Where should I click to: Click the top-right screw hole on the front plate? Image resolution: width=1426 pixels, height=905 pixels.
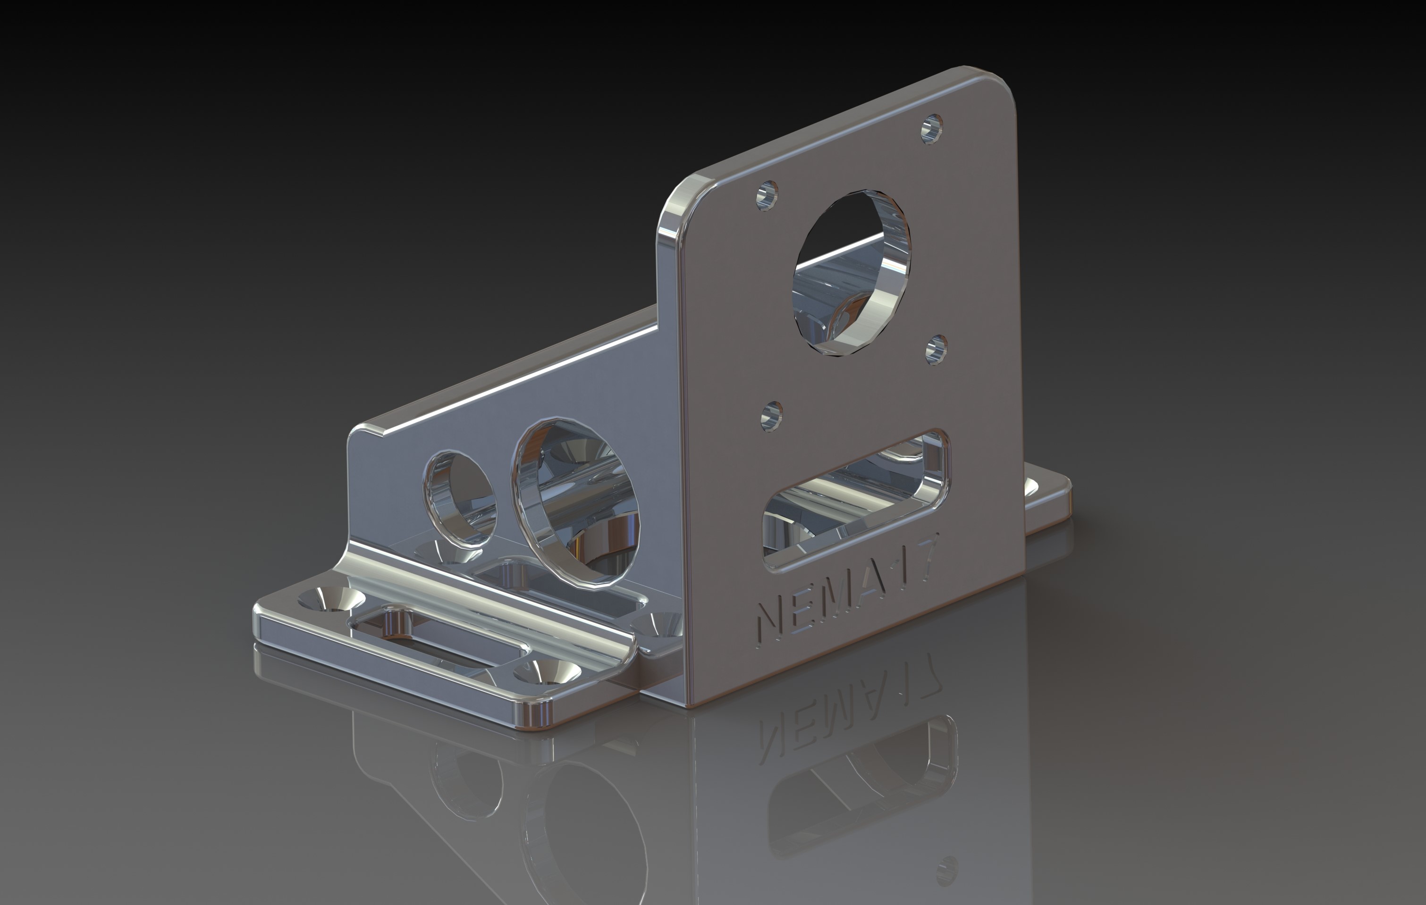click(x=932, y=128)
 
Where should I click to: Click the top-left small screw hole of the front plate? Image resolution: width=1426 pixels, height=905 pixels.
click(x=768, y=195)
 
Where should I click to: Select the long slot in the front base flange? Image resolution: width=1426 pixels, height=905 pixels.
click(x=438, y=640)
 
